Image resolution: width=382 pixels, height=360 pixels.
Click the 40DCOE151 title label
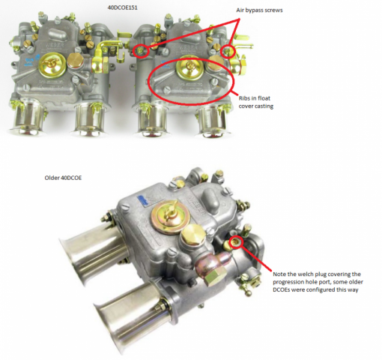(x=122, y=7)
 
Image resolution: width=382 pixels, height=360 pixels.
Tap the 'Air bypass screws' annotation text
(x=259, y=10)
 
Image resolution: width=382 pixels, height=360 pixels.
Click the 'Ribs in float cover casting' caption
(x=256, y=102)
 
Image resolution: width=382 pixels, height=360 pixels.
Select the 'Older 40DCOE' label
(x=63, y=178)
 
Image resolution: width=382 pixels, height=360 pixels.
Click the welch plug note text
(x=318, y=282)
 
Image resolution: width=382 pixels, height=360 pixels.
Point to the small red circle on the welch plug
(x=236, y=241)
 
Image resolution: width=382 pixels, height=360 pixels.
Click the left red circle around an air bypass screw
(x=141, y=51)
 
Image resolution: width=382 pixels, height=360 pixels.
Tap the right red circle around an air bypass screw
(x=228, y=52)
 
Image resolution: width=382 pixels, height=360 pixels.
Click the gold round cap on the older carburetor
(x=170, y=217)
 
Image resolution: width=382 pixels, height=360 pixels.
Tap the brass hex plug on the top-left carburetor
(x=75, y=61)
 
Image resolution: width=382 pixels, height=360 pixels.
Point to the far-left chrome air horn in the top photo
(x=27, y=117)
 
